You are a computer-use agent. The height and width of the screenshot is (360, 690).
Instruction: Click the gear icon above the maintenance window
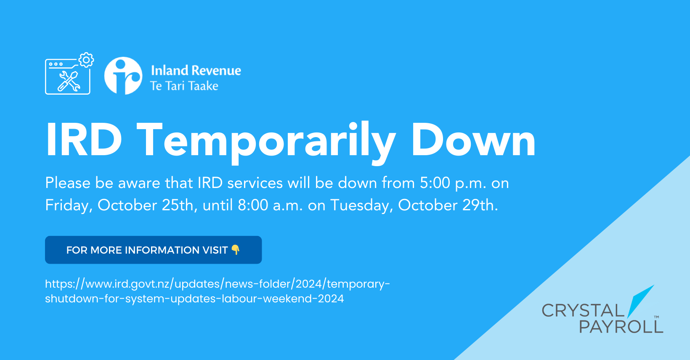point(86,60)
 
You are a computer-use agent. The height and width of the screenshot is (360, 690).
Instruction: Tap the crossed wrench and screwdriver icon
point(69,81)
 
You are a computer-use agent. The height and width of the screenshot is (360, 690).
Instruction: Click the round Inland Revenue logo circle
point(123,75)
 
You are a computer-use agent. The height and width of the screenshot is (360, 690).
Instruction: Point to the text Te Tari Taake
point(184,86)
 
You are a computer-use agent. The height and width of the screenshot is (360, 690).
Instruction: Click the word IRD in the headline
point(83,140)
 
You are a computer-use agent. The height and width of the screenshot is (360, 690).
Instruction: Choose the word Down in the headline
point(474,140)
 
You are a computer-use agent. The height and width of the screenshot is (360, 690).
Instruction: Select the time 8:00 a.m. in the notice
point(270,205)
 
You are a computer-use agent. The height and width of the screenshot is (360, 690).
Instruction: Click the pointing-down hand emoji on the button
point(235,250)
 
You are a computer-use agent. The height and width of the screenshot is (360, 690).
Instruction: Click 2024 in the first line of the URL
point(309,284)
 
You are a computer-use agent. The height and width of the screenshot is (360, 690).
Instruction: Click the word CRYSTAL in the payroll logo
point(583,310)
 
